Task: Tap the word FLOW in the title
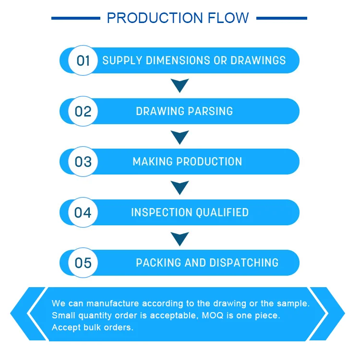pos(228,18)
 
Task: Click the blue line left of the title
pos(76,18)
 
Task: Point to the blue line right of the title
pos(282,18)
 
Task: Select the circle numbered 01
pos(83,60)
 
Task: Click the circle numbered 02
pos(83,111)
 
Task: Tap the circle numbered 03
pos(83,162)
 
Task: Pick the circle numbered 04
pos(83,212)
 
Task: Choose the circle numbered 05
pos(83,263)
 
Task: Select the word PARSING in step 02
pos(210,111)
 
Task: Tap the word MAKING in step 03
pos(153,162)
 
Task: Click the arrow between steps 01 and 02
pos(180,85)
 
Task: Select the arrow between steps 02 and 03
pos(180,137)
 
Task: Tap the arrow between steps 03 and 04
pos(180,187)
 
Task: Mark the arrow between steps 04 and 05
pos(180,238)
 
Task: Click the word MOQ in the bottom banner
pos(213,315)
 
